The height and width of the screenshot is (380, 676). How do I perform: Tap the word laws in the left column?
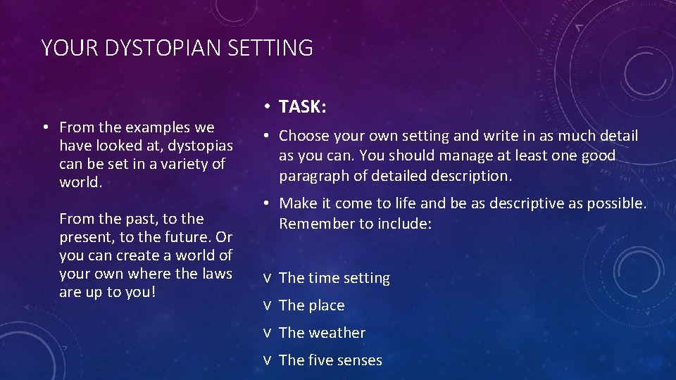click(x=216, y=274)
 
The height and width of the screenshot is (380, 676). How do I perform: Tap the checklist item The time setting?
click(x=334, y=278)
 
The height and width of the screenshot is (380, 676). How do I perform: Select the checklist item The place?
click(x=311, y=305)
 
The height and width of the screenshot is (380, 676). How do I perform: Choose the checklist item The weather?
click(x=322, y=333)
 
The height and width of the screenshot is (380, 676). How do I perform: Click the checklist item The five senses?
click(x=330, y=360)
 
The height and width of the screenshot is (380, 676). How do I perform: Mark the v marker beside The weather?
click(x=268, y=334)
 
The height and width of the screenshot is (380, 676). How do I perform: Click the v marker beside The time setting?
click(x=268, y=279)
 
